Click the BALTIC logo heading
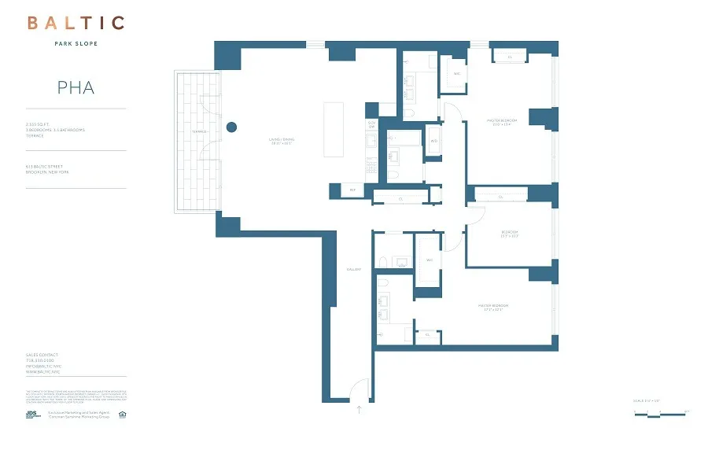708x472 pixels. pyautogui.click(x=76, y=23)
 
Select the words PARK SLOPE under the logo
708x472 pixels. pyautogui.click(x=76, y=43)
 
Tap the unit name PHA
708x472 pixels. pyautogui.click(x=76, y=87)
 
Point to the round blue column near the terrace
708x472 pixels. pyautogui.click(x=232, y=127)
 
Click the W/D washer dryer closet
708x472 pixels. pyautogui.click(x=433, y=142)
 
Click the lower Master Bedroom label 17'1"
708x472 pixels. pyautogui.click(x=489, y=307)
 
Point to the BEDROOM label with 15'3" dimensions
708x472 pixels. pyautogui.click(x=510, y=234)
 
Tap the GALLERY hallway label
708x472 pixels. pyautogui.click(x=353, y=270)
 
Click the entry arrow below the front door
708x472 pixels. pyautogui.click(x=360, y=409)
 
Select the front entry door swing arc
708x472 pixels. pyautogui.click(x=358, y=388)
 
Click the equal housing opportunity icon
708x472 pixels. pyautogui.click(x=122, y=414)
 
